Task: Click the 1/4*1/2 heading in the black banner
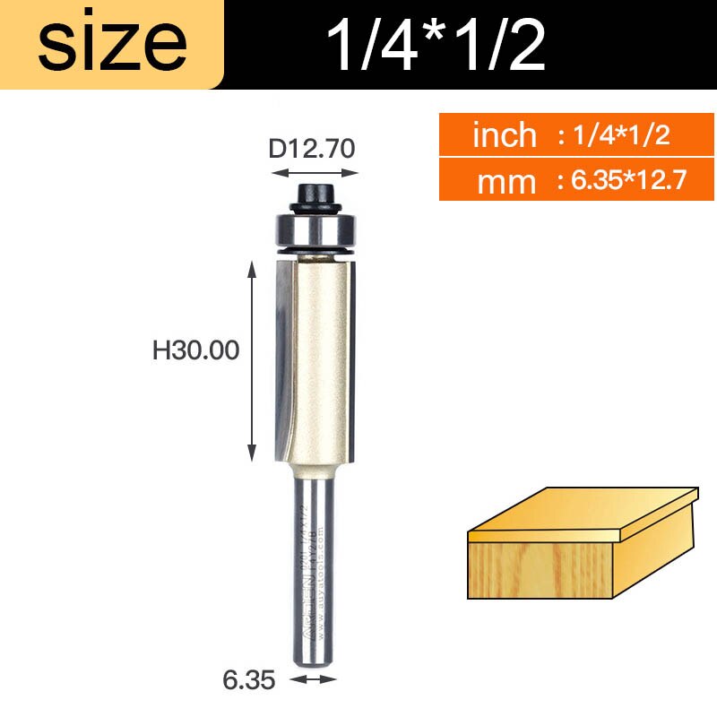(436, 45)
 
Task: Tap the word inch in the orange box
(504, 136)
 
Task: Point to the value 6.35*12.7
(621, 182)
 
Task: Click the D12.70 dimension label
(313, 148)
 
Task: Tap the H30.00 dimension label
(195, 350)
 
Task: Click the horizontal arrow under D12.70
(314, 172)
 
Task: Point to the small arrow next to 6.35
(314, 679)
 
